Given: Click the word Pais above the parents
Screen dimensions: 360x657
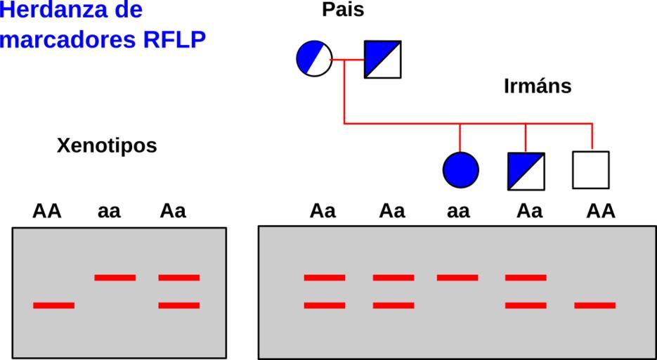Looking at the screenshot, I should point(343,10).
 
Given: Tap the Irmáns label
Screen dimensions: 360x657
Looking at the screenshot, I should point(538,86).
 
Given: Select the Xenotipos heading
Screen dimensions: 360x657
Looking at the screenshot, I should point(107,146).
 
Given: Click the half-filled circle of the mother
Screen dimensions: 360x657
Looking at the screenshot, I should point(314,59).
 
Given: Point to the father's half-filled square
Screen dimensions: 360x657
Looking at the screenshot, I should point(382,59).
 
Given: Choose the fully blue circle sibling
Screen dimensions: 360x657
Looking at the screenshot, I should point(461,170).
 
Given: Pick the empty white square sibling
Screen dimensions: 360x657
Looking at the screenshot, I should point(591,170).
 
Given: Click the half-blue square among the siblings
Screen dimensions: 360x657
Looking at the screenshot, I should point(526,171).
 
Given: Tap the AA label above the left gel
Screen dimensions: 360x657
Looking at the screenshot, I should point(47,211).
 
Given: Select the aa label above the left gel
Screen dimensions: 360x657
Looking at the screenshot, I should point(109,211).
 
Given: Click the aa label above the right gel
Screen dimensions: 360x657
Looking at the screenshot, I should point(458,211).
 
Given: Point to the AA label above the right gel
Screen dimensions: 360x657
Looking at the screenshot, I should point(601,211).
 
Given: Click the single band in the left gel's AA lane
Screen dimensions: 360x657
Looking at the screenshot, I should point(53,305).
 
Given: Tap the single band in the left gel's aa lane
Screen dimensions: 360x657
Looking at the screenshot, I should point(115,278).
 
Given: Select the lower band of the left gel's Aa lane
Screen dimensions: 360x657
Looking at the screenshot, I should point(179,305).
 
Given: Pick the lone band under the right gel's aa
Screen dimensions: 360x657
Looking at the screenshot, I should point(457,278).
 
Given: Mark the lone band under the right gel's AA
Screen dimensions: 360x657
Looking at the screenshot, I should point(595,305).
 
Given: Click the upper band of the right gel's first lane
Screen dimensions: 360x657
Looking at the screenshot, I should point(325,278).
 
